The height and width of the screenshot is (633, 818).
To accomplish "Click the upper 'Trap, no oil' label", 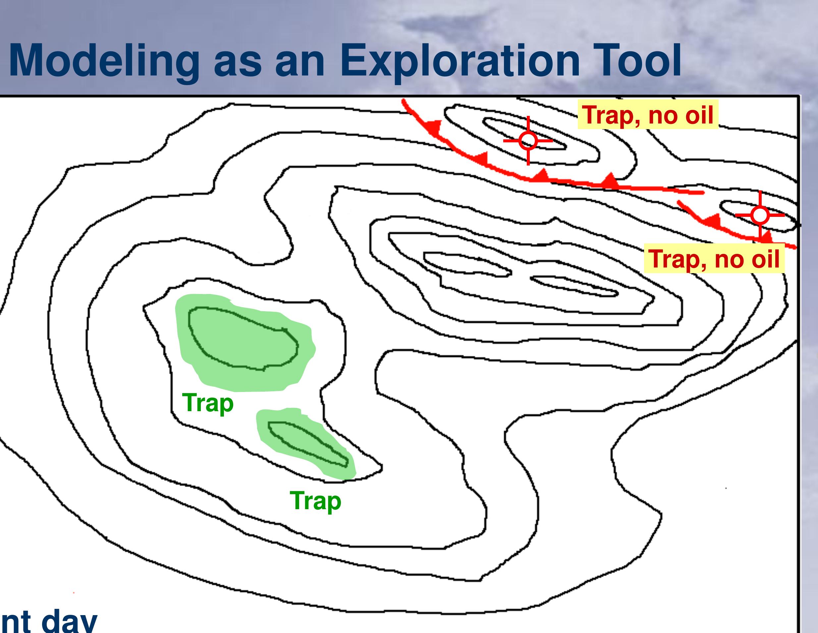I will (x=648, y=115).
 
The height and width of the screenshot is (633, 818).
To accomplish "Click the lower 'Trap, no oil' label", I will (x=714, y=259).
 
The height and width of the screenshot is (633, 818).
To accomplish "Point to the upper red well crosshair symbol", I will (x=528, y=141).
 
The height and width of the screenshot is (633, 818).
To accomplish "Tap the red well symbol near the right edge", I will (x=760, y=215).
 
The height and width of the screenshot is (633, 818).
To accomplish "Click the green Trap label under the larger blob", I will (x=208, y=403).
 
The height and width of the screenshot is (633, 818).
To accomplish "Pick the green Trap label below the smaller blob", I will (x=315, y=501).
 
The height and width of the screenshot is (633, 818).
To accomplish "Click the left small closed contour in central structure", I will (x=466, y=264).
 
